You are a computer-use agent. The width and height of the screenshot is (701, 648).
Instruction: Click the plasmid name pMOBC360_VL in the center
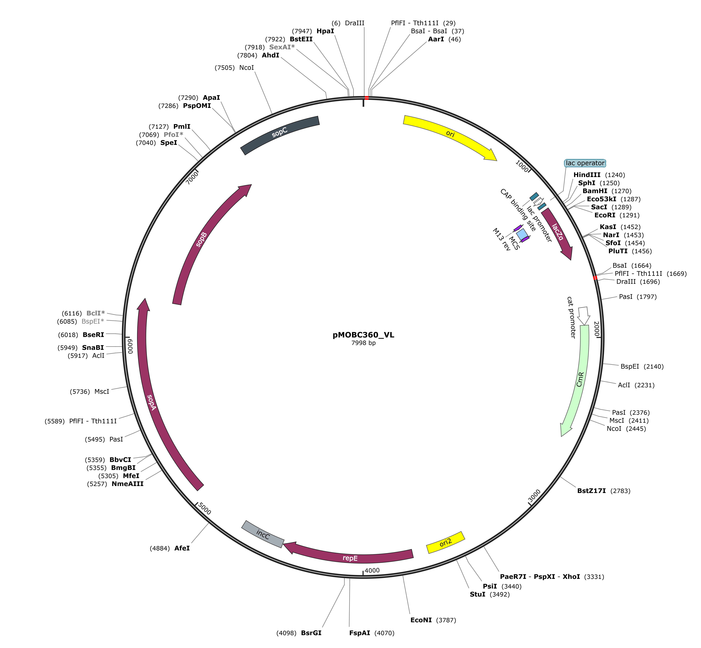coord(363,335)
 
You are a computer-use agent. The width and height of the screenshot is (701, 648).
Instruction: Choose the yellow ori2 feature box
coord(445,542)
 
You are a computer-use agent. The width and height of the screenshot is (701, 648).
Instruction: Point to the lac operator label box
coord(585,163)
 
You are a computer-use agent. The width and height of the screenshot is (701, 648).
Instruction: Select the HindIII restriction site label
coord(587,175)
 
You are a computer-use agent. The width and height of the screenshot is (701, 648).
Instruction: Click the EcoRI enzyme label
coord(605,215)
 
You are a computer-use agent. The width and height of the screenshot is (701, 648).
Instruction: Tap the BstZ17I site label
coord(591,491)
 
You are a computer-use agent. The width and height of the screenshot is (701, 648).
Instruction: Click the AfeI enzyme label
coord(182,548)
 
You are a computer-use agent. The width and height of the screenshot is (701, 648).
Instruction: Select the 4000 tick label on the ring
coord(372,570)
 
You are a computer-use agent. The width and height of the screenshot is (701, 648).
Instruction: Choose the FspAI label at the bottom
coord(359,633)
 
